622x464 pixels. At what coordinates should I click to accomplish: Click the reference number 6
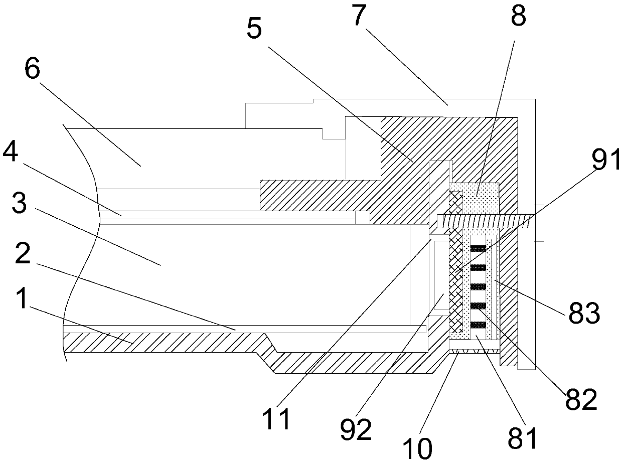point(32,71)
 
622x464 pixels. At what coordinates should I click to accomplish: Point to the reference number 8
point(518,17)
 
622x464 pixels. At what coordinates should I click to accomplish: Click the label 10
point(418,448)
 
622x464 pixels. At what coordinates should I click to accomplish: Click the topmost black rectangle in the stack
point(478,248)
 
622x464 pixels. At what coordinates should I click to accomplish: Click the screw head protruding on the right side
point(540,223)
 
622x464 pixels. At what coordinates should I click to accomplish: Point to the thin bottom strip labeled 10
point(474,351)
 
